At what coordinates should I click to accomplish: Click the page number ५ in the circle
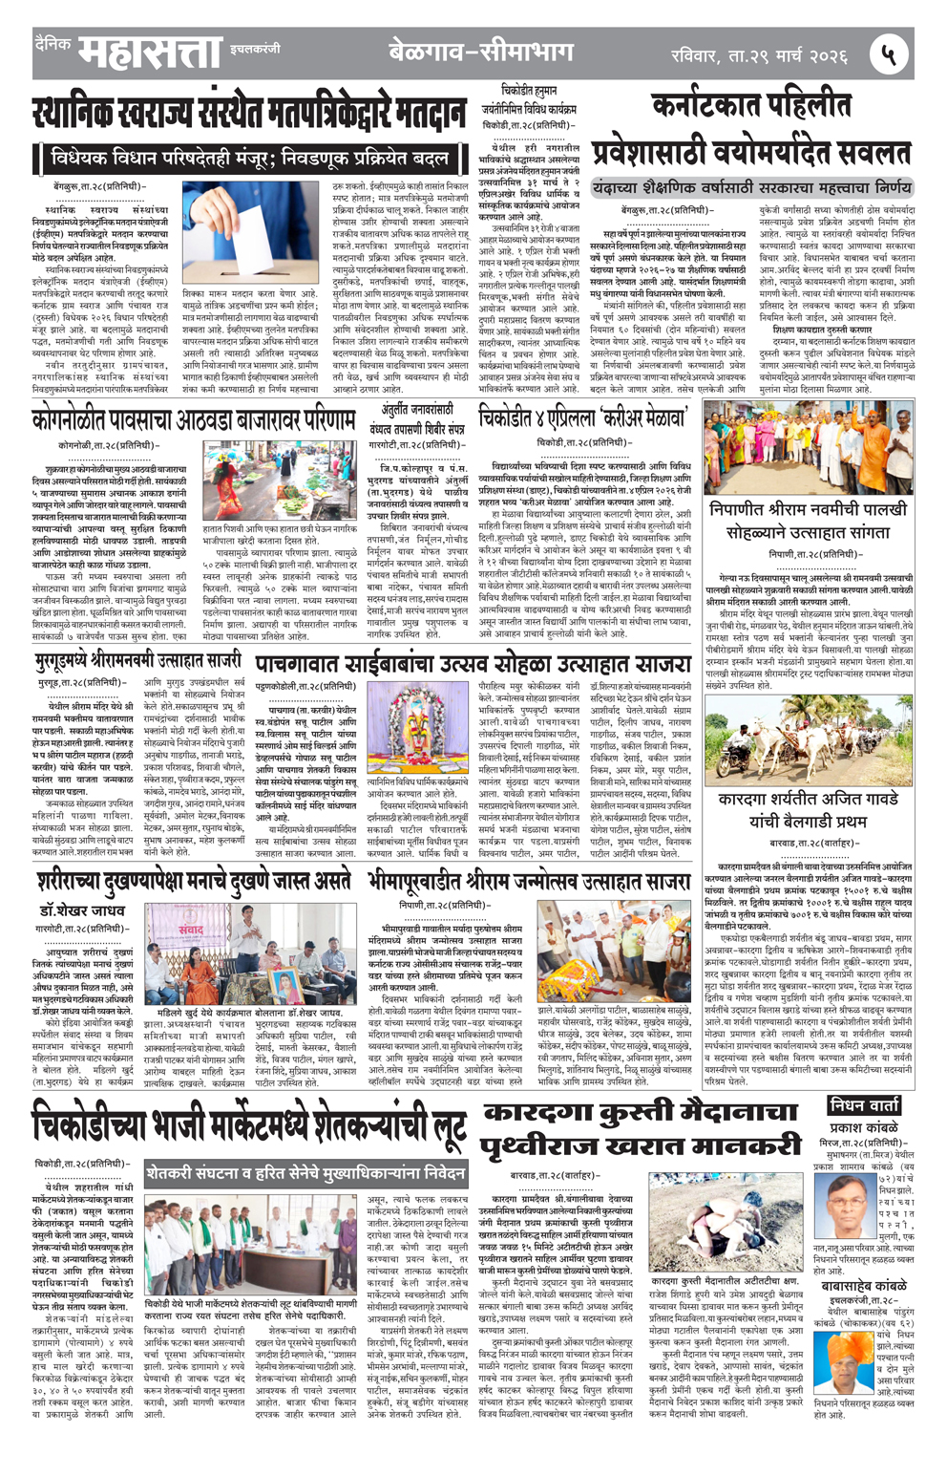click(x=888, y=54)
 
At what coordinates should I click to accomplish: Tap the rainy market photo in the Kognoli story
click(x=280, y=480)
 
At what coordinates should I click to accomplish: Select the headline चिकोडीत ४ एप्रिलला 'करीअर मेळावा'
click(x=583, y=418)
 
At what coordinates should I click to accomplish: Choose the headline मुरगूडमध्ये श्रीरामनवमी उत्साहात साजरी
click(x=137, y=660)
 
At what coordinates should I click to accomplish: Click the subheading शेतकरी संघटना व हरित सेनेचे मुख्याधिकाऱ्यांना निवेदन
click(x=305, y=1172)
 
